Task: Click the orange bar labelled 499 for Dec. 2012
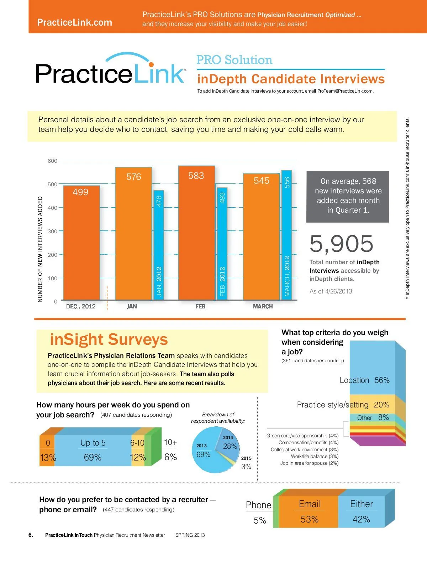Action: (81, 242)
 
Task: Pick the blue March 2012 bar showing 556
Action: (287, 235)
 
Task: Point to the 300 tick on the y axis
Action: (52, 231)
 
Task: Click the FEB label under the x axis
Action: (200, 306)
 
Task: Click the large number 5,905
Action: (342, 244)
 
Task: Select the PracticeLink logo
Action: (110, 69)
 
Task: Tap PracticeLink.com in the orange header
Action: (74, 22)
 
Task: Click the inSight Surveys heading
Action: (109, 339)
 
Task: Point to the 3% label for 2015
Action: (246, 467)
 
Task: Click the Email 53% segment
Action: (309, 512)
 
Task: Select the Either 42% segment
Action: (361, 512)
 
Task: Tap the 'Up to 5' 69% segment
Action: (93, 450)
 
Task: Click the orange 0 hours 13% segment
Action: (47, 450)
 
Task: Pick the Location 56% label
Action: (364, 380)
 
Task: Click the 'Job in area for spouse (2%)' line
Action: (309, 463)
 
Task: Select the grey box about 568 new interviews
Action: (348, 196)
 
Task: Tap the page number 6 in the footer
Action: (31, 535)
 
